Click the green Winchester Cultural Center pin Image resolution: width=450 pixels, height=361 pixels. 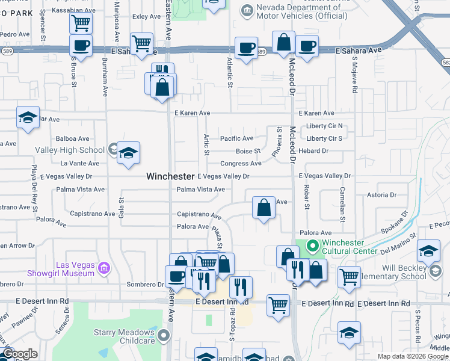click(x=312, y=246)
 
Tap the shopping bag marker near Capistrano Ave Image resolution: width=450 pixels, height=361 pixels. click(x=264, y=208)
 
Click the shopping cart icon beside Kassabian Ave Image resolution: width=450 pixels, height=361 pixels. click(x=80, y=23)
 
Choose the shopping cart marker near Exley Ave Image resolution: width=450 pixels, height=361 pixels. click(x=141, y=43)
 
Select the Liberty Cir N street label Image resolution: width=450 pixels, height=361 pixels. click(x=324, y=126)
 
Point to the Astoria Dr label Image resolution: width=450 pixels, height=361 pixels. click(x=382, y=195)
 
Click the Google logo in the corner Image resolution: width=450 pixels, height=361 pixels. click(x=20, y=354)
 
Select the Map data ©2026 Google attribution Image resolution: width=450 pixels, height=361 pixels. click(x=413, y=356)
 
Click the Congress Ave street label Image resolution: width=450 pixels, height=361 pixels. click(x=241, y=163)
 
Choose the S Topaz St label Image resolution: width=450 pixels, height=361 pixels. click(x=232, y=324)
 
